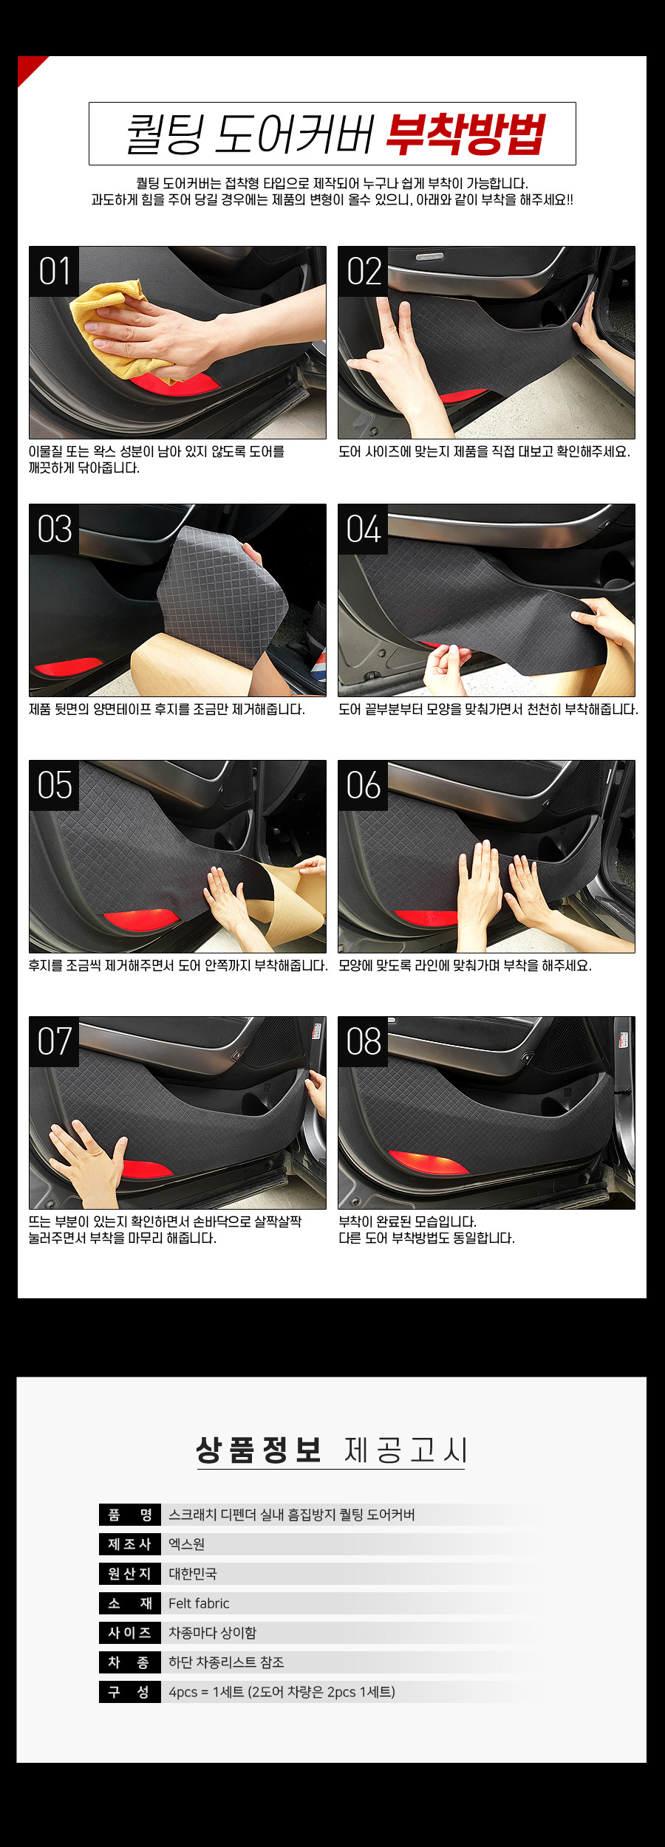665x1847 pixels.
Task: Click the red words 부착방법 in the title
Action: tap(465, 134)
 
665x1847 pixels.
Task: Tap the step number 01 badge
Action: tap(54, 271)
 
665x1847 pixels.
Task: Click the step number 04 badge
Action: tap(363, 529)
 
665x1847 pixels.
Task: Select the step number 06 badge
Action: tap(363, 785)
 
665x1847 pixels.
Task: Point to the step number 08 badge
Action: tap(363, 1041)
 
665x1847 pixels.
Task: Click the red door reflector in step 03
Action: tap(69, 667)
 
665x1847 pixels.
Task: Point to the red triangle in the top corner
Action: tap(29, 68)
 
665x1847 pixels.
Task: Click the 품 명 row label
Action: tap(130, 1515)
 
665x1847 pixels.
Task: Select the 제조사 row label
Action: tap(130, 1544)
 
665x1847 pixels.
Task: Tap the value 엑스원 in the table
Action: tap(186, 1544)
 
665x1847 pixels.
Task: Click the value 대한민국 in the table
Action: tap(193, 1574)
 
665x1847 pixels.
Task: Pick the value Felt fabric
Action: tap(199, 1603)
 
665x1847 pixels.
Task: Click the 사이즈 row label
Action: tap(130, 1633)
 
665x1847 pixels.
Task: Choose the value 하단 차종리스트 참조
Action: tap(226, 1662)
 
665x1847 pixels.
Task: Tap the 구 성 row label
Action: tap(130, 1692)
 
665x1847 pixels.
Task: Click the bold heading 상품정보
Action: tap(259, 1450)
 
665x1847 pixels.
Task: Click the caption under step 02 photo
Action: tap(484, 451)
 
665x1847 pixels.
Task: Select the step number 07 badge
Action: tap(54, 1041)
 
